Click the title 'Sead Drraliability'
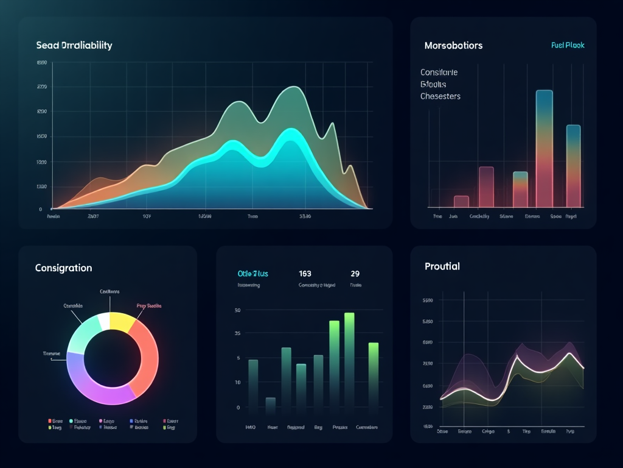74,46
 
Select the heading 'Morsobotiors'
453,46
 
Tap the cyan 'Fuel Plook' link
567,46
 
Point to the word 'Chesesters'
440,96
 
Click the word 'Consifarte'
439,73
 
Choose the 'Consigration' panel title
64,268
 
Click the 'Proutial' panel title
442,266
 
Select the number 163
305,274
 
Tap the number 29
355,274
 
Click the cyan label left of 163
252,274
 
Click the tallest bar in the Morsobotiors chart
544,149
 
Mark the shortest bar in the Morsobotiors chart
461,202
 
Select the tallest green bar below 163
349,360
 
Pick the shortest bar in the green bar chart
271,405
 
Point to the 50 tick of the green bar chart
237,310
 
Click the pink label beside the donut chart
149,306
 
